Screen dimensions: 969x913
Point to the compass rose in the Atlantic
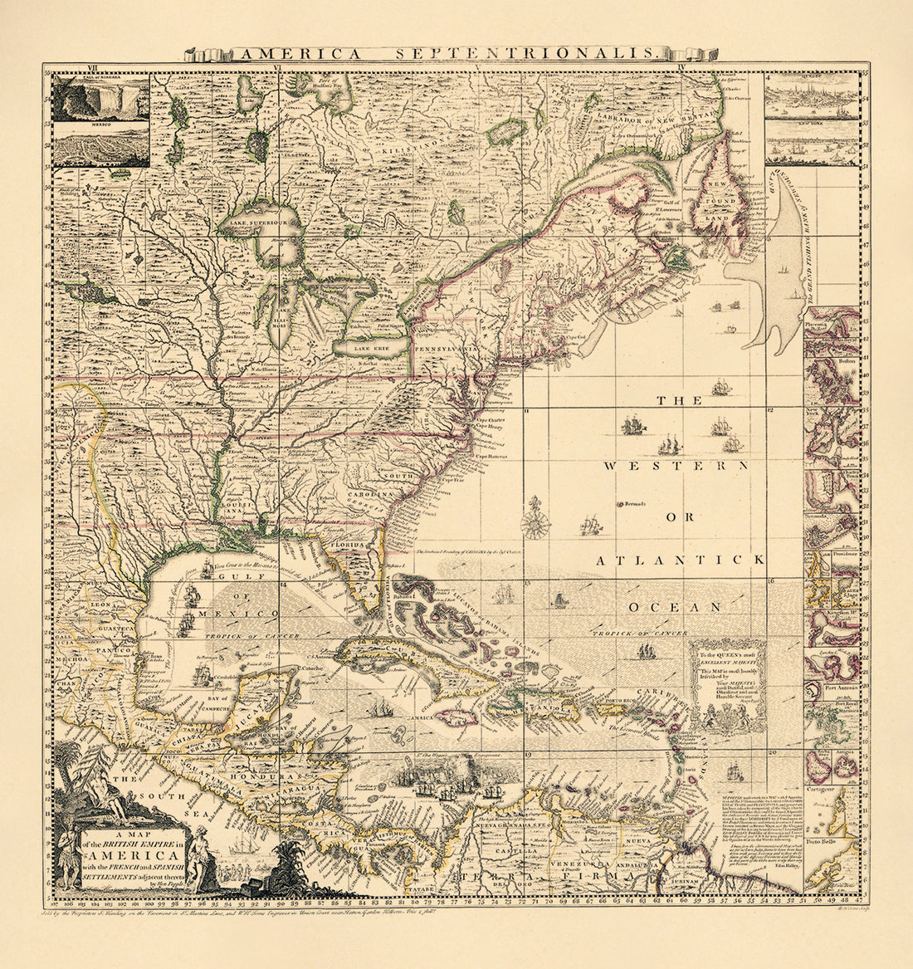pos(535,521)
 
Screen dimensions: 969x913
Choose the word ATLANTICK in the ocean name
pos(680,560)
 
